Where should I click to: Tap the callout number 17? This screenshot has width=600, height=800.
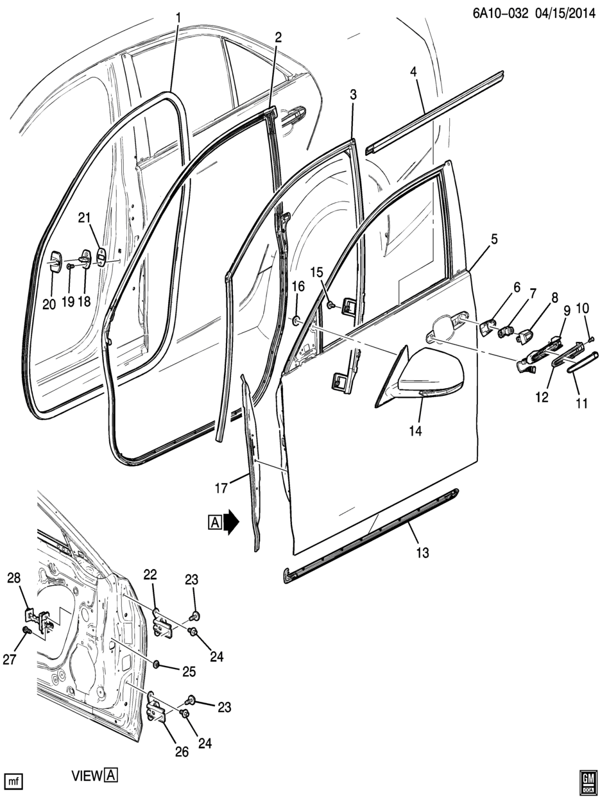click(221, 488)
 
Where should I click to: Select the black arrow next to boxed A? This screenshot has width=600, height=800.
click(230, 522)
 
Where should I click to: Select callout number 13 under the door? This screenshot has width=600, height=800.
click(422, 552)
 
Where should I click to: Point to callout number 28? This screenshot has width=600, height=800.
click(13, 578)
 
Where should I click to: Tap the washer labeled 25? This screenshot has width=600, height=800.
click(157, 662)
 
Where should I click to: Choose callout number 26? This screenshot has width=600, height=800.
click(182, 751)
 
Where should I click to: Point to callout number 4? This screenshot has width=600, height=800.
click(414, 72)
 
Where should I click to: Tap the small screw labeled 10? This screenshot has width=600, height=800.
click(591, 337)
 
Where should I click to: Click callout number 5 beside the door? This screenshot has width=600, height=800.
click(494, 240)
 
